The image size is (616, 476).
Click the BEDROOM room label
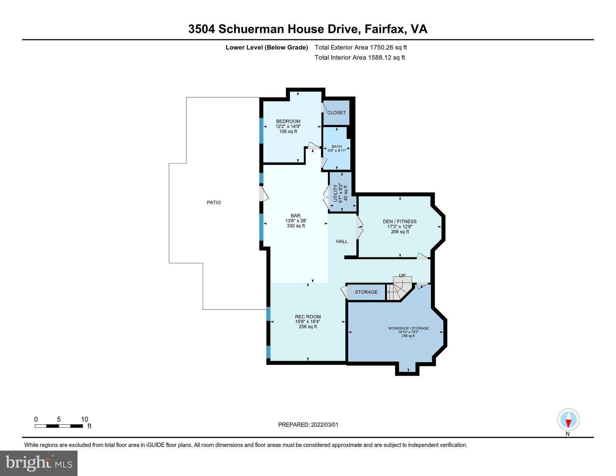(288, 121)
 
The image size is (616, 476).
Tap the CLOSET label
(336, 112)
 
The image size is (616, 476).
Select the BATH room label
(337, 147)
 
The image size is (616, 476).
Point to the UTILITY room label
(335, 193)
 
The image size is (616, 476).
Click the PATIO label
(214, 202)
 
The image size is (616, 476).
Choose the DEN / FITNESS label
(400, 221)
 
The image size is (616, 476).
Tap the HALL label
(342, 241)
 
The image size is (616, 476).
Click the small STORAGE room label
(366, 292)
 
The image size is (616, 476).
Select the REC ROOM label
(308, 316)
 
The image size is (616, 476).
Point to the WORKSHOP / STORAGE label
(408, 328)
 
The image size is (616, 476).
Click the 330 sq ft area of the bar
(296, 226)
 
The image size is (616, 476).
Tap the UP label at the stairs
(402, 275)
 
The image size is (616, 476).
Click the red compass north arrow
(568, 423)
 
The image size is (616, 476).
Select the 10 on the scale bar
(84, 419)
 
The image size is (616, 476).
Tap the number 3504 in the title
(202, 29)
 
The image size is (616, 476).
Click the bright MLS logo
(39, 463)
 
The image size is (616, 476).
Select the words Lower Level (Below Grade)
(267, 47)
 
